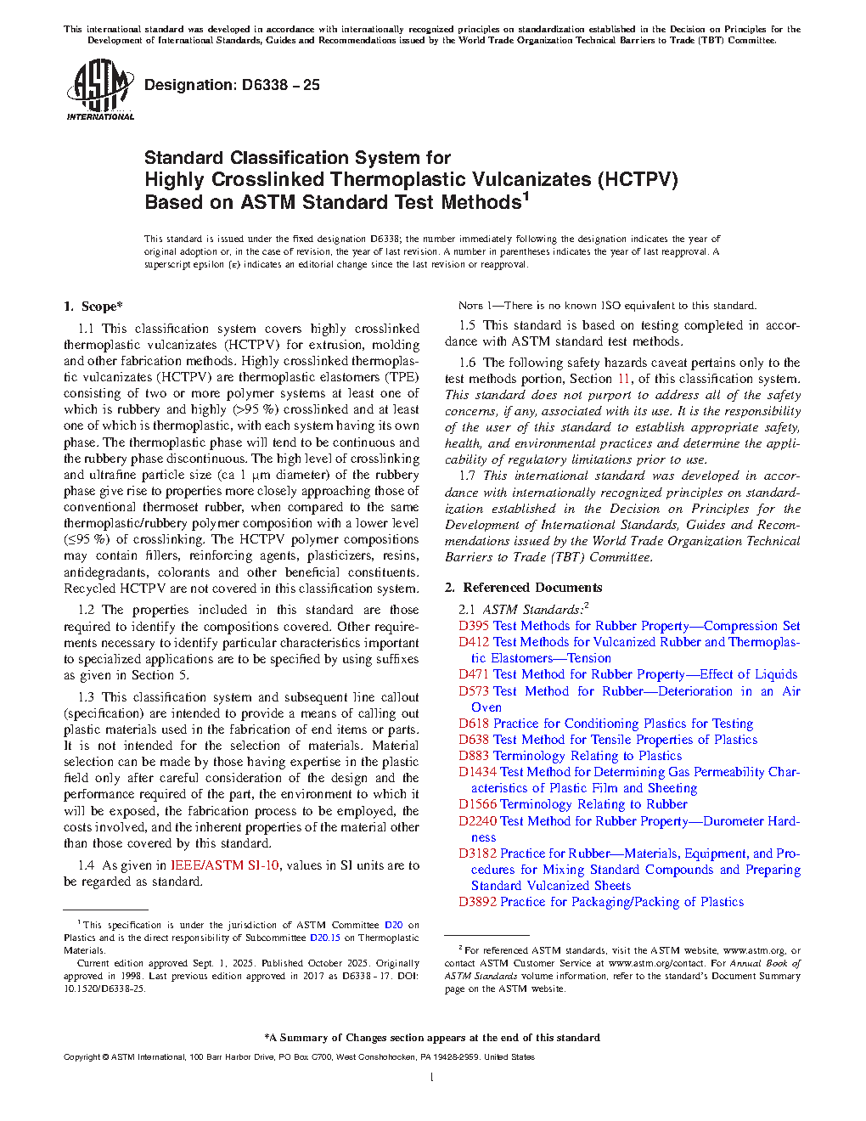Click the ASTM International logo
tap(100, 89)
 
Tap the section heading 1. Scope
tap(93, 307)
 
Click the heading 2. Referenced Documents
tap(523, 588)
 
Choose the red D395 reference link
tap(474, 626)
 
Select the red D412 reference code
tap(474, 642)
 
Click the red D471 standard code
tap(474, 674)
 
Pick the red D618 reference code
tap(474, 724)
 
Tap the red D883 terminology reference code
tap(474, 756)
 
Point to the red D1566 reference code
tap(477, 804)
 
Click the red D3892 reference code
tap(477, 902)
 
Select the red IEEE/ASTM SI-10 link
tap(224, 865)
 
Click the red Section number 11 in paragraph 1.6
tap(624, 379)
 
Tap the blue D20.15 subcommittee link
tap(324, 938)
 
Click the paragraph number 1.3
tap(86, 697)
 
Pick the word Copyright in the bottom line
tap(82, 1057)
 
